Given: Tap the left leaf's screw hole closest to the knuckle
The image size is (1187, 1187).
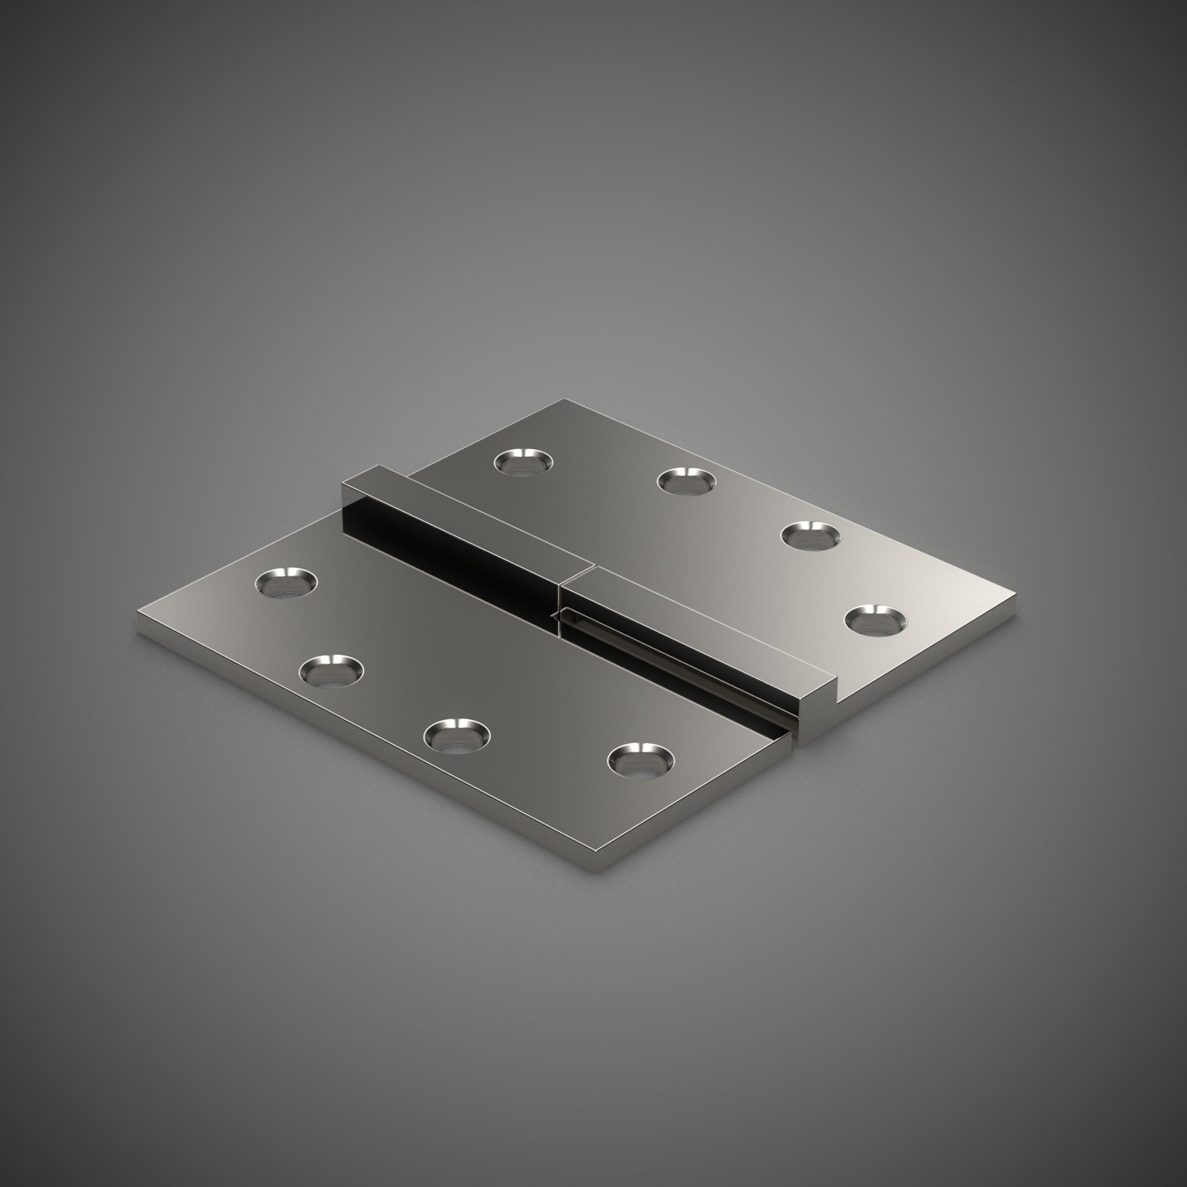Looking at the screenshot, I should tap(641, 760).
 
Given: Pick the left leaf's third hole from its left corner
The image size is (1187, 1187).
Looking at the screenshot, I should tap(457, 735).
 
